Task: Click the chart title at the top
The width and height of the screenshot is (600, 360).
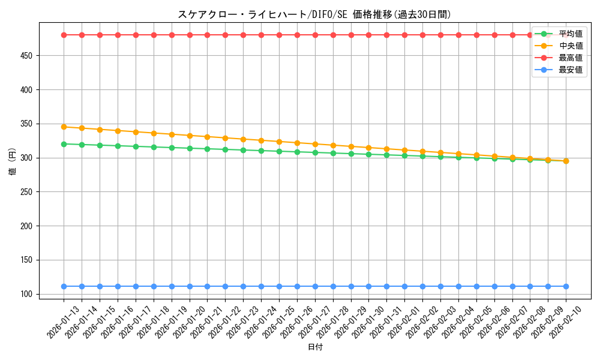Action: (314, 14)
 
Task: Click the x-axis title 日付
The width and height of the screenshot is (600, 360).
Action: (314, 347)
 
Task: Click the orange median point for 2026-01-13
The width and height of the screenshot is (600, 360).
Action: (64, 127)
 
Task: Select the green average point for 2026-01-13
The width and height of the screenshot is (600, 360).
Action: (64, 144)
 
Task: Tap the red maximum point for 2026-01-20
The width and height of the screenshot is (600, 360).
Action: (190, 35)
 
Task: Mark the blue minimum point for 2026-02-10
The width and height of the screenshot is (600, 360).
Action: (566, 286)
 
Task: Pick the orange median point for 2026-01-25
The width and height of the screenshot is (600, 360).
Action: (279, 142)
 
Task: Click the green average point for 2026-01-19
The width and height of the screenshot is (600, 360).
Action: (172, 148)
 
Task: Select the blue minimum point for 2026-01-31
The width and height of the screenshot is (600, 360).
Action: (386, 286)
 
